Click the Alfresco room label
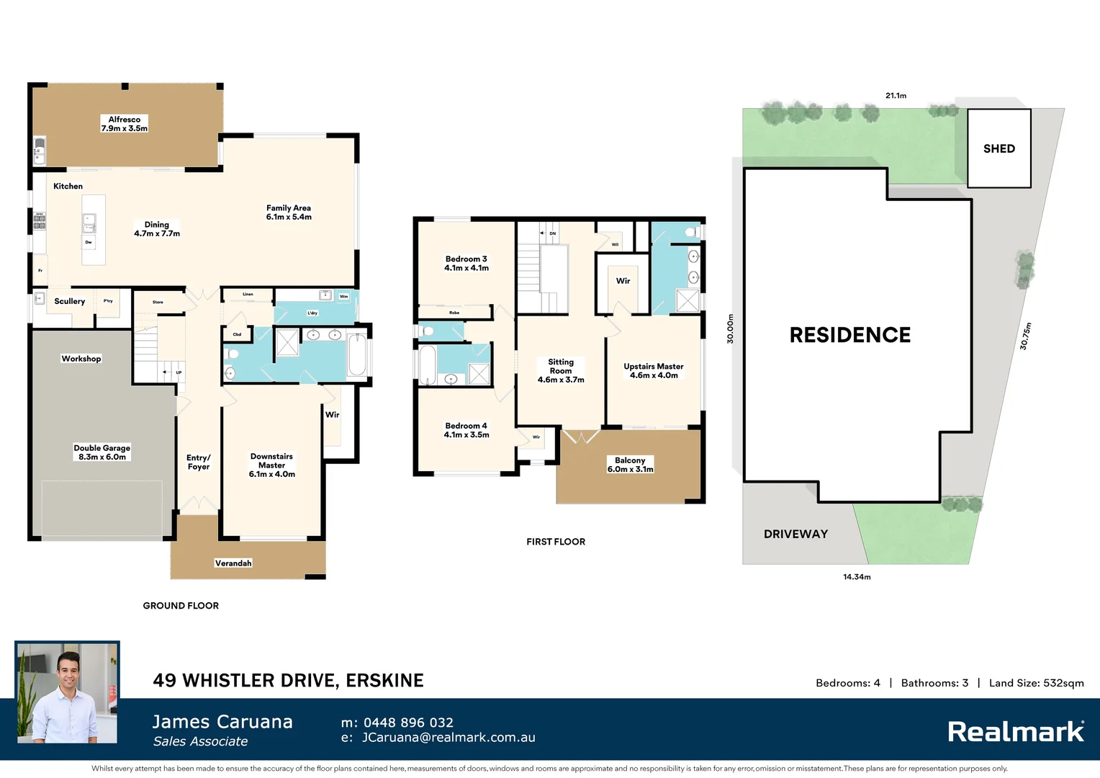pyautogui.click(x=125, y=124)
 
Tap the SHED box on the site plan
pyautogui.click(x=998, y=148)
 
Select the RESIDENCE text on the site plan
pyautogui.click(x=849, y=335)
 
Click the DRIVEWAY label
pyautogui.click(x=795, y=534)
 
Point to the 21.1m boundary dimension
pyautogui.click(x=896, y=95)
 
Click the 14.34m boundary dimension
pyautogui.click(x=857, y=577)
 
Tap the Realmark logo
pyautogui.click(x=1015, y=732)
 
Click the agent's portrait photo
pyautogui.click(x=68, y=693)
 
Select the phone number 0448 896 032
pyautogui.click(x=408, y=723)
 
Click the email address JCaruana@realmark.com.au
pyautogui.click(x=448, y=738)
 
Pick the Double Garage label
pyautogui.click(x=102, y=452)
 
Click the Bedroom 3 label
pyautogui.click(x=466, y=263)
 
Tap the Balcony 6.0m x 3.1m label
pyautogui.click(x=630, y=465)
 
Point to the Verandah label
pyautogui.click(x=233, y=563)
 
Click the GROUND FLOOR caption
pyautogui.click(x=181, y=606)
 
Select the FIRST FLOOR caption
pyautogui.click(x=555, y=542)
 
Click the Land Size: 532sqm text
pyautogui.click(x=1036, y=683)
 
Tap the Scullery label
pyautogui.click(x=70, y=301)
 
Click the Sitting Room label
pyautogui.click(x=561, y=370)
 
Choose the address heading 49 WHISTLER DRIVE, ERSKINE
pyautogui.click(x=288, y=681)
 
